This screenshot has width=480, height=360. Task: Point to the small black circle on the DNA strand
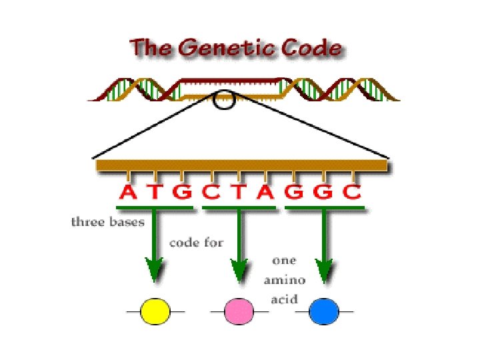tap(224, 101)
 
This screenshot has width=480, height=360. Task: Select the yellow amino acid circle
tap(155, 311)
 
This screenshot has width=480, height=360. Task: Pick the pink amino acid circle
tap(239, 311)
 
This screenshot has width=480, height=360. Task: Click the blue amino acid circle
tap(324, 311)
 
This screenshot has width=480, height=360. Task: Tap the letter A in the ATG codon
tap(128, 193)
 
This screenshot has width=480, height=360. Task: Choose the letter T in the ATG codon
tap(155, 193)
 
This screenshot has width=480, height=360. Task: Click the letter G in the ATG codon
tap(182, 193)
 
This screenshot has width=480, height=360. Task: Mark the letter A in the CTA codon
tap(266, 193)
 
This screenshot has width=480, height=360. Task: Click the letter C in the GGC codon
tap(351, 193)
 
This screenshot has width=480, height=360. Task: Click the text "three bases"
tap(107, 222)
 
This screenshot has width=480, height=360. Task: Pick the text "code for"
tap(196, 242)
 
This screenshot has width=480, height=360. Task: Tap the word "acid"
tap(283, 299)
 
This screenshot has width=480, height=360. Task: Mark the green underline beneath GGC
tap(325, 208)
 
